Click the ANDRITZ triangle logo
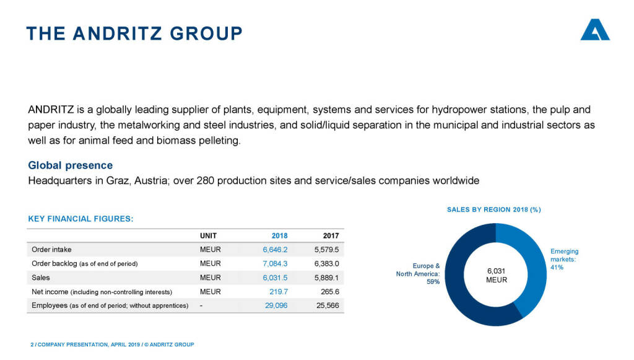pyautogui.click(x=595, y=30)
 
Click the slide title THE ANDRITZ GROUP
pyautogui.click(x=134, y=33)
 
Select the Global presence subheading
pyautogui.click(x=71, y=165)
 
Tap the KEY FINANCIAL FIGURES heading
pyautogui.click(x=80, y=219)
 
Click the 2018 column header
pyautogui.click(x=279, y=236)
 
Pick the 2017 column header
pyautogui.click(x=331, y=236)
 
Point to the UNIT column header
pyautogui.click(x=208, y=236)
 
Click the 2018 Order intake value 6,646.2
pyautogui.click(x=275, y=250)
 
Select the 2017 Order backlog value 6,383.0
pyautogui.click(x=327, y=264)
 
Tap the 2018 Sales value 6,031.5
pyautogui.click(x=275, y=278)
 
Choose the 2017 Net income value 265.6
pyautogui.click(x=329, y=292)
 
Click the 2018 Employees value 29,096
pyautogui.click(x=276, y=305)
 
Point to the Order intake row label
pyautogui.click(x=51, y=250)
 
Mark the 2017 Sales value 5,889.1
pyautogui.click(x=327, y=278)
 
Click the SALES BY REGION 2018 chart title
pyautogui.click(x=493, y=209)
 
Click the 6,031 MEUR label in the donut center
pyautogui.click(x=496, y=276)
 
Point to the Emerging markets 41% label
pyautogui.click(x=564, y=259)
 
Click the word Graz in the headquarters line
pyautogui.click(x=116, y=180)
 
